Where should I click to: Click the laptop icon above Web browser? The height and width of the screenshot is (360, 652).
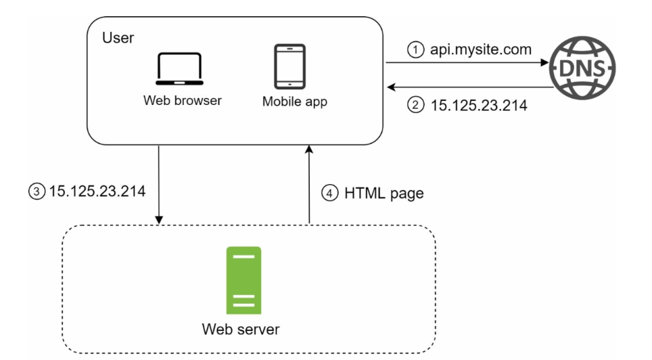point(180,68)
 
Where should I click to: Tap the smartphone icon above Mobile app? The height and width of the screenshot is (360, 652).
point(290,66)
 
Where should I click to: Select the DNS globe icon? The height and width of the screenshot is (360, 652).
point(582,68)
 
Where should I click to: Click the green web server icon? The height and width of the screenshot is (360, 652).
point(243,280)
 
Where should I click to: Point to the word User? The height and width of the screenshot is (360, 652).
point(118,38)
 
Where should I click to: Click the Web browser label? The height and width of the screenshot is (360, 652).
point(183,100)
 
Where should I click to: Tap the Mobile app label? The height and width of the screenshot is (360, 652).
point(295,102)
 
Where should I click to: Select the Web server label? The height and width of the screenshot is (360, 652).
point(241,329)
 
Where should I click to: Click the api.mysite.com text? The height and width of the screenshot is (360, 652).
point(481,49)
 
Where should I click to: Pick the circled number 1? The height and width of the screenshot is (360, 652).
point(415,49)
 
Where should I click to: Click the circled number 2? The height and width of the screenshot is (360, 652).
point(415,105)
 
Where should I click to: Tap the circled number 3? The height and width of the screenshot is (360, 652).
point(37,192)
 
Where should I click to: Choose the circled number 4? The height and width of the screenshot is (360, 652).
point(330,193)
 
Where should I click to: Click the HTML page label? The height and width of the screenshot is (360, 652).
point(384,194)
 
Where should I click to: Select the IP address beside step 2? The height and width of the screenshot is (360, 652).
point(479,106)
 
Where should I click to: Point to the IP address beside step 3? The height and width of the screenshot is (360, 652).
point(97,192)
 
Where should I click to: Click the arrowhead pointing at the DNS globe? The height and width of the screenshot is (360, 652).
point(544,62)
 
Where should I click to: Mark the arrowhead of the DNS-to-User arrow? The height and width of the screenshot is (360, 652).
point(392,87)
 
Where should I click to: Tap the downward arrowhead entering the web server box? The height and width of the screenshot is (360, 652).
point(159,220)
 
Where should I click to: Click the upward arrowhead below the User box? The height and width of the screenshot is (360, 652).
point(309,150)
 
